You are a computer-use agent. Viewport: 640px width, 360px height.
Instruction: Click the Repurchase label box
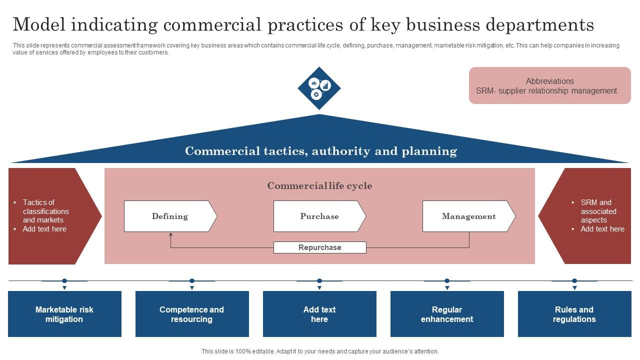319,247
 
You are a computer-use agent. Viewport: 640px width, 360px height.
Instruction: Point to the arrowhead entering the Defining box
170,234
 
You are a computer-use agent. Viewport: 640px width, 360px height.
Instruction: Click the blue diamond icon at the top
319,88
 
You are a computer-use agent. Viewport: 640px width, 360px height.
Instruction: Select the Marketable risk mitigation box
64,314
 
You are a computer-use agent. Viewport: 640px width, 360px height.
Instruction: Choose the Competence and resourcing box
192,314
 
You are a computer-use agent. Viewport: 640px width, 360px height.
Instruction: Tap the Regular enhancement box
447,314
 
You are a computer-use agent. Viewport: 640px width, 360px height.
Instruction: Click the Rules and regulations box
574,314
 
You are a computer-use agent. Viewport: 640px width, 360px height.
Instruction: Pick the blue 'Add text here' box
319,314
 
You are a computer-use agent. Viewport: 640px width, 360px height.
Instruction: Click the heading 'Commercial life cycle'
319,186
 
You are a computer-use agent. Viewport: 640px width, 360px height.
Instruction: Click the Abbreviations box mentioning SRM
549,86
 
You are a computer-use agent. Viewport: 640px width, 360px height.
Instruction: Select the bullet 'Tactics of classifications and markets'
45,211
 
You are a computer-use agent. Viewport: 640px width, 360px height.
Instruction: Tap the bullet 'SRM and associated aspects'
598,211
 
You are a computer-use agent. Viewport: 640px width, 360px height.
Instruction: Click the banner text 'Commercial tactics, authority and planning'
320,151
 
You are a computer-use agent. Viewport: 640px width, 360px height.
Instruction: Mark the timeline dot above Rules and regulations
574,281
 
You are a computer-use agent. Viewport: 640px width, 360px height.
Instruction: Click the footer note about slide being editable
319,351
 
